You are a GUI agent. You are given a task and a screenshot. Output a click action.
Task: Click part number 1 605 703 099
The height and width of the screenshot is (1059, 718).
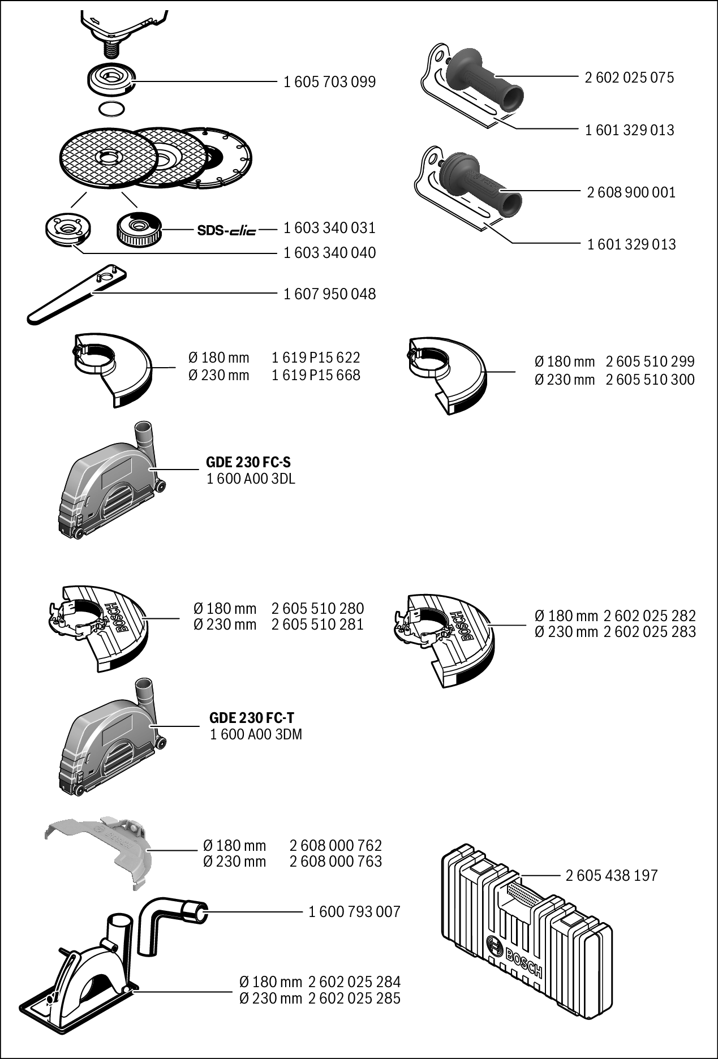[329, 82]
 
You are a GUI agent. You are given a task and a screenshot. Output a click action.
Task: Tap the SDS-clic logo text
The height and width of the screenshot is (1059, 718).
[226, 230]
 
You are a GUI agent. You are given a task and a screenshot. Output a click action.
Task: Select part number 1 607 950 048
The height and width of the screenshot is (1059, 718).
[329, 294]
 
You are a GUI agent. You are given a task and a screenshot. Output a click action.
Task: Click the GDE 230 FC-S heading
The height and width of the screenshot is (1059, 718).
[248, 462]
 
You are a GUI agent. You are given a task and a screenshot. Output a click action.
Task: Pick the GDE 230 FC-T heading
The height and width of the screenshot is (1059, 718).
[252, 718]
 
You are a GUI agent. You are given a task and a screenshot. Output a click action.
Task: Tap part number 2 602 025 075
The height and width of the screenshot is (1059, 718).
[629, 78]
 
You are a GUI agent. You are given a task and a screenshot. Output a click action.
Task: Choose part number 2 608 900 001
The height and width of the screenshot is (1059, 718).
[631, 192]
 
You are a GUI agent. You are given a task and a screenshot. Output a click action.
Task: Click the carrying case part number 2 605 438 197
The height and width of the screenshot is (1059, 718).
[612, 875]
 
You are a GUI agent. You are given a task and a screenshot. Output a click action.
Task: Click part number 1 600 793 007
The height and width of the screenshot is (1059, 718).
[354, 911]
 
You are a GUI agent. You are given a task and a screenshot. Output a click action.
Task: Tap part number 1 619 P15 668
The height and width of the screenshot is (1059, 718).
[316, 375]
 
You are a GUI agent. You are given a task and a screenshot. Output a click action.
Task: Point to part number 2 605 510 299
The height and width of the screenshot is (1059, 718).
[650, 361]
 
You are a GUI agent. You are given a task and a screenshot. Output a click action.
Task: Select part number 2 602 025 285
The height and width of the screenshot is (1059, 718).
[354, 998]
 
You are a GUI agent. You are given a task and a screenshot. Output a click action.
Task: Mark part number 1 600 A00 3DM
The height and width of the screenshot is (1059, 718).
[256, 734]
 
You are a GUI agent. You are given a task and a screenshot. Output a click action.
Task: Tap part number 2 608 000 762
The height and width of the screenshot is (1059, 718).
[336, 845]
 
